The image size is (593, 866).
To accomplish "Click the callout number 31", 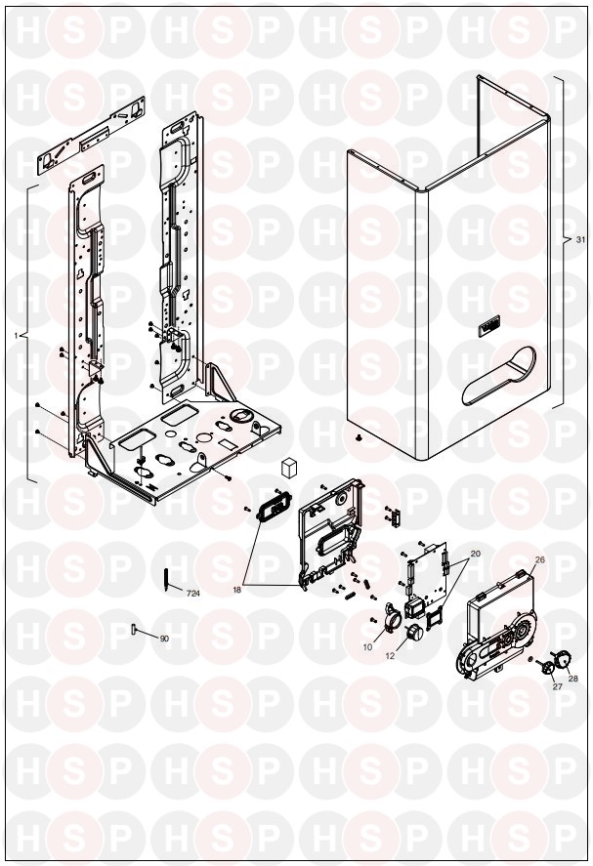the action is [x=579, y=240].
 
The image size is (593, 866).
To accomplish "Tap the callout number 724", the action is [x=192, y=594].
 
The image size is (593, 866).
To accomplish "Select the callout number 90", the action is [x=164, y=639].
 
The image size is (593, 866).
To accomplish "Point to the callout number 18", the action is [x=237, y=590].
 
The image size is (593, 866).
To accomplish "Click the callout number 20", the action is [x=476, y=553].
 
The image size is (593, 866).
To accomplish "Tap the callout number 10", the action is [x=368, y=648].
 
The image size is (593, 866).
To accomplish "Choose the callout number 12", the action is [x=390, y=656].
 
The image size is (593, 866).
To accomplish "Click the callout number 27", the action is [x=557, y=686].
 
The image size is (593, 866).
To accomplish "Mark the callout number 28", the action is [x=572, y=679].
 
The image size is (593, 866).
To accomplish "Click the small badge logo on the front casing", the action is [x=488, y=326].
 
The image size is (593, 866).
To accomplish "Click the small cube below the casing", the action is [x=288, y=467].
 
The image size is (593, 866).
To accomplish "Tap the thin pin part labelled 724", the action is [x=167, y=579].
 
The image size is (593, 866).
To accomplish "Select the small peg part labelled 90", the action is [x=133, y=629].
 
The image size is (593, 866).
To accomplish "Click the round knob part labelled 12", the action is [x=413, y=633].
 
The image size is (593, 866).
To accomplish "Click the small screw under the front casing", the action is [x=360, y=438].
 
